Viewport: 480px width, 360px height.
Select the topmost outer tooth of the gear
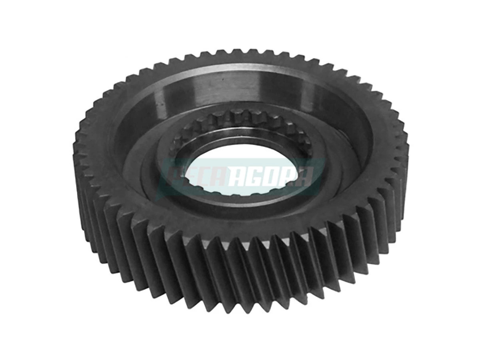tap(240, 52)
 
